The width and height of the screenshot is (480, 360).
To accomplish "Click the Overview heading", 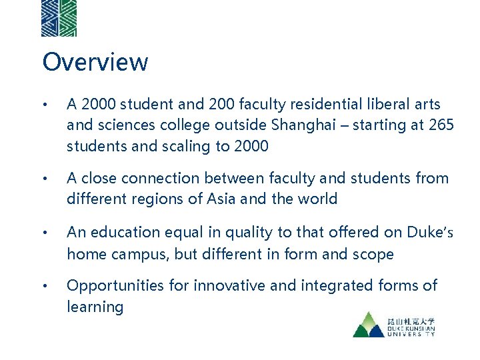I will coord(95,62).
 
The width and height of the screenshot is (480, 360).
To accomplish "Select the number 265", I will coord(440,125).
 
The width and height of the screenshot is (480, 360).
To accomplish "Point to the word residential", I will coord(319,105).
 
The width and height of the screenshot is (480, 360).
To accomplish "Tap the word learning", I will coord(95,307).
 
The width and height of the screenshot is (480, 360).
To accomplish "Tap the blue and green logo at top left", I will coord(59,18).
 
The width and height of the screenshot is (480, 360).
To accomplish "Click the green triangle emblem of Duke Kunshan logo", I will coord(369,325).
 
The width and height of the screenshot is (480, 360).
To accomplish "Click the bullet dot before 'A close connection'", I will coord(45,179).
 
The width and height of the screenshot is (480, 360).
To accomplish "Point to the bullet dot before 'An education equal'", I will coord(45,233).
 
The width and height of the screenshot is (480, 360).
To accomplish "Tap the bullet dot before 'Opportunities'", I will coord(45,287).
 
